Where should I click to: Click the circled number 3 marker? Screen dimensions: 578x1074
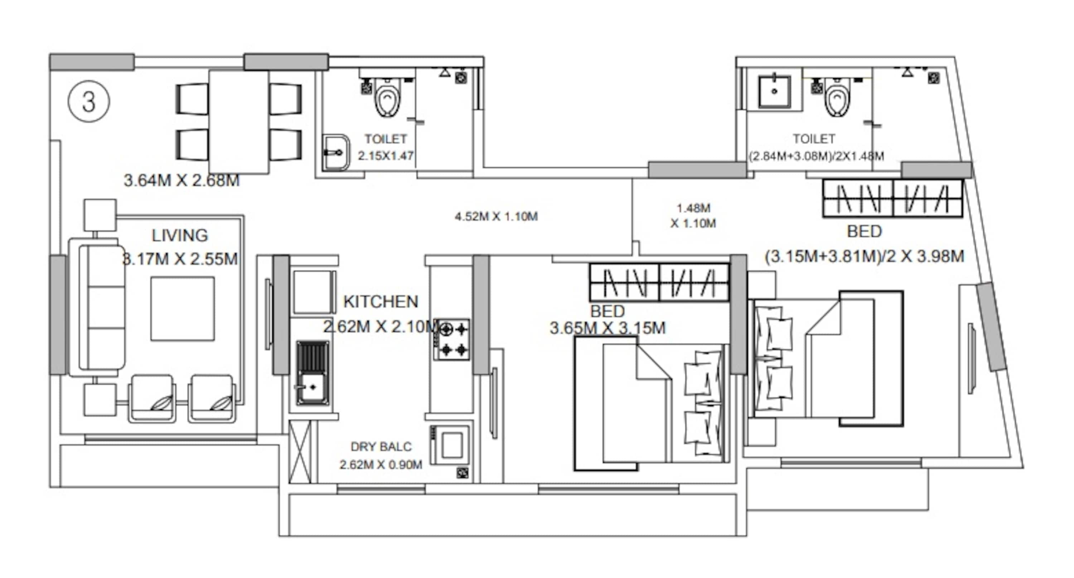click(x=89, y=101)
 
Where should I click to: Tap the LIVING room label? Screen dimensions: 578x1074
click(x=180, y=236)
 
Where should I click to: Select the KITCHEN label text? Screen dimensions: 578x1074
click(x=380, y=302)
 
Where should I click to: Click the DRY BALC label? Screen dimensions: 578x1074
click(x=381, y=447)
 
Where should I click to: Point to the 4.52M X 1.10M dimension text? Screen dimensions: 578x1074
click(x=496, y=216)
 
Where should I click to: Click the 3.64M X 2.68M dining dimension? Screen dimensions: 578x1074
click(x=182, y=180)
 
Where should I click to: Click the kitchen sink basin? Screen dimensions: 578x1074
click(x=312, y=388)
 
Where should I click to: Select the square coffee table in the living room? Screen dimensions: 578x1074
click(x=183, y=309)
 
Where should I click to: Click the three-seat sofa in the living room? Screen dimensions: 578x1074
click(x=102, y=307)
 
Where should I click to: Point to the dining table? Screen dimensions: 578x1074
click(x=238, y=122)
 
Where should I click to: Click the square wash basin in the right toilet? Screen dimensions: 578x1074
click(x=774, y=91)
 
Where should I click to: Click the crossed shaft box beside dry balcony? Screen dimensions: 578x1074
click(x=300, y=452)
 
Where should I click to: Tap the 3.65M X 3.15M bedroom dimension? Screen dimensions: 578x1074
click(x=608, y=328)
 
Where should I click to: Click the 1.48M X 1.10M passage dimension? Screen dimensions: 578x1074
click(x=693, y=216)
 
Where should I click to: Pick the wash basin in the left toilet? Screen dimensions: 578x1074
click(x=336, y=153)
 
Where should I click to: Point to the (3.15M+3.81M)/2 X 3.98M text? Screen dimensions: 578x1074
click(x=864, y=256)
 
